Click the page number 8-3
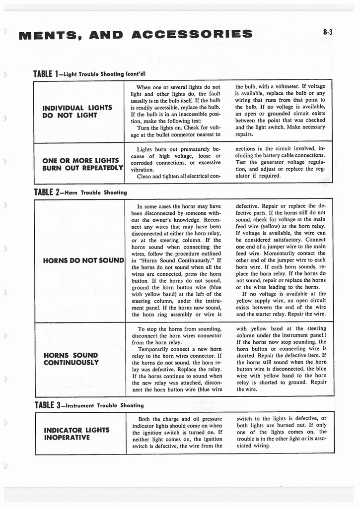click(x=327, y=33)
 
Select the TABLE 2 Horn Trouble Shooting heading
click(x=80, y=192)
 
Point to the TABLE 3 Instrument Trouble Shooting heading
click(x=88, y=405)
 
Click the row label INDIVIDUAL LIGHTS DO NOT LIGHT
click(x=77, y=111)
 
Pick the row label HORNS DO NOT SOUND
click(x=83, y=260)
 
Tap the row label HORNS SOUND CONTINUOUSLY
click(x=71, y=359)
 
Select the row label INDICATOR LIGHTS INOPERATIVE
click(x=76, y=433)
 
